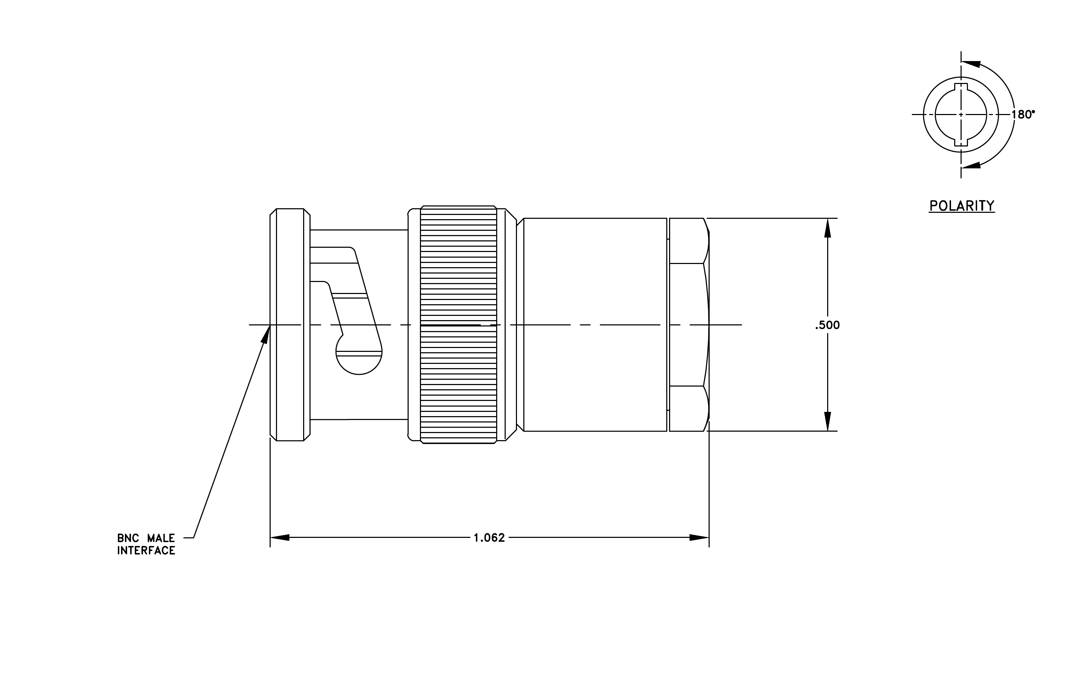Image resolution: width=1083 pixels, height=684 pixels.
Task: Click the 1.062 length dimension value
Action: click(489, 538)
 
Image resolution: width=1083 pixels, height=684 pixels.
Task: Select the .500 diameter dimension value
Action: click(827, 325)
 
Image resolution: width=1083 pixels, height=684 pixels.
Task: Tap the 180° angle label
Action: click(1023, 115)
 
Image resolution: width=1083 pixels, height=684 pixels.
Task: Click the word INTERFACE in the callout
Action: click(146, 551)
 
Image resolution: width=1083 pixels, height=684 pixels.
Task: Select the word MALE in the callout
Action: click(161, 538)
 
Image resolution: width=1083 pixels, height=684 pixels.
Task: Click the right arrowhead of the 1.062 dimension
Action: click(699, 538)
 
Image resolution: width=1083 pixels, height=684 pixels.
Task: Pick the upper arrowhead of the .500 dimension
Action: click(828, 228)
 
